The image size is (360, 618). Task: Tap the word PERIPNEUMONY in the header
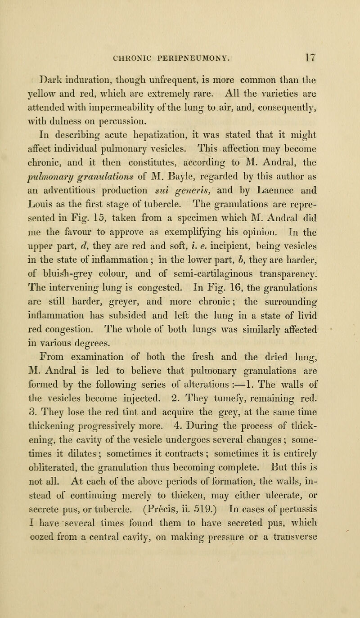point(182,46)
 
